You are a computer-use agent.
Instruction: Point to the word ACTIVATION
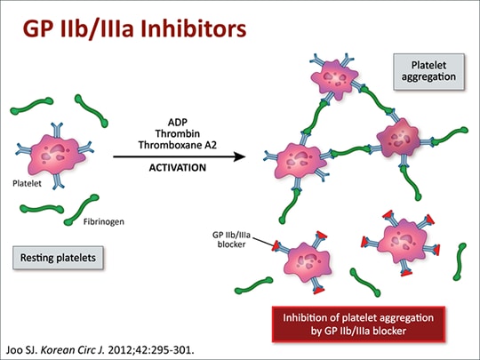coord(178,167)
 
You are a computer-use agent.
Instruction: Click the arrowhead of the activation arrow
coord(240,156)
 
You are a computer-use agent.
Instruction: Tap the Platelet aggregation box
coord(429,70)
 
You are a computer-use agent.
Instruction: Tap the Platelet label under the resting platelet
coord(28,185)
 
